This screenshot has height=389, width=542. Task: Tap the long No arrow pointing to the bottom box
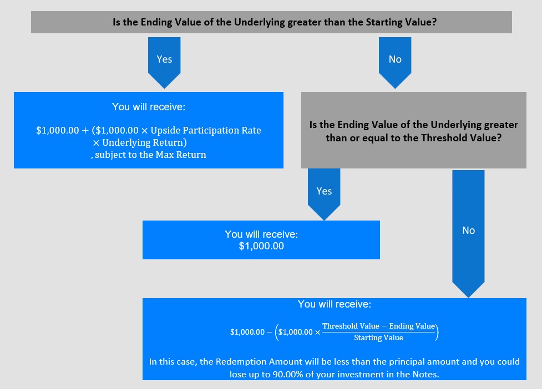(468, 233)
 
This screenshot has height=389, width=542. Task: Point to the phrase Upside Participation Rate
(206, 130)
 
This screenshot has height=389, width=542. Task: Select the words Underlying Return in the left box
(143, 142)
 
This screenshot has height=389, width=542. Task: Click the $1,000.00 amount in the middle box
(261, 246)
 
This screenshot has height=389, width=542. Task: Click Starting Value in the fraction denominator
(378, 338)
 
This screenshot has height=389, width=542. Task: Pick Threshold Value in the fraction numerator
(351, 326)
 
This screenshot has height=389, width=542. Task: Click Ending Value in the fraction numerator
(412, 326)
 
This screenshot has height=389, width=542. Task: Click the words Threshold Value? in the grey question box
(462, 138)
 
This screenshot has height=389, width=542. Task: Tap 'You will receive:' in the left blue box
(149, 107)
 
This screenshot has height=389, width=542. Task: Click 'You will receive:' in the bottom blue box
(335, 304)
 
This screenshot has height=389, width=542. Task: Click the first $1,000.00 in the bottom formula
(247, 332)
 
